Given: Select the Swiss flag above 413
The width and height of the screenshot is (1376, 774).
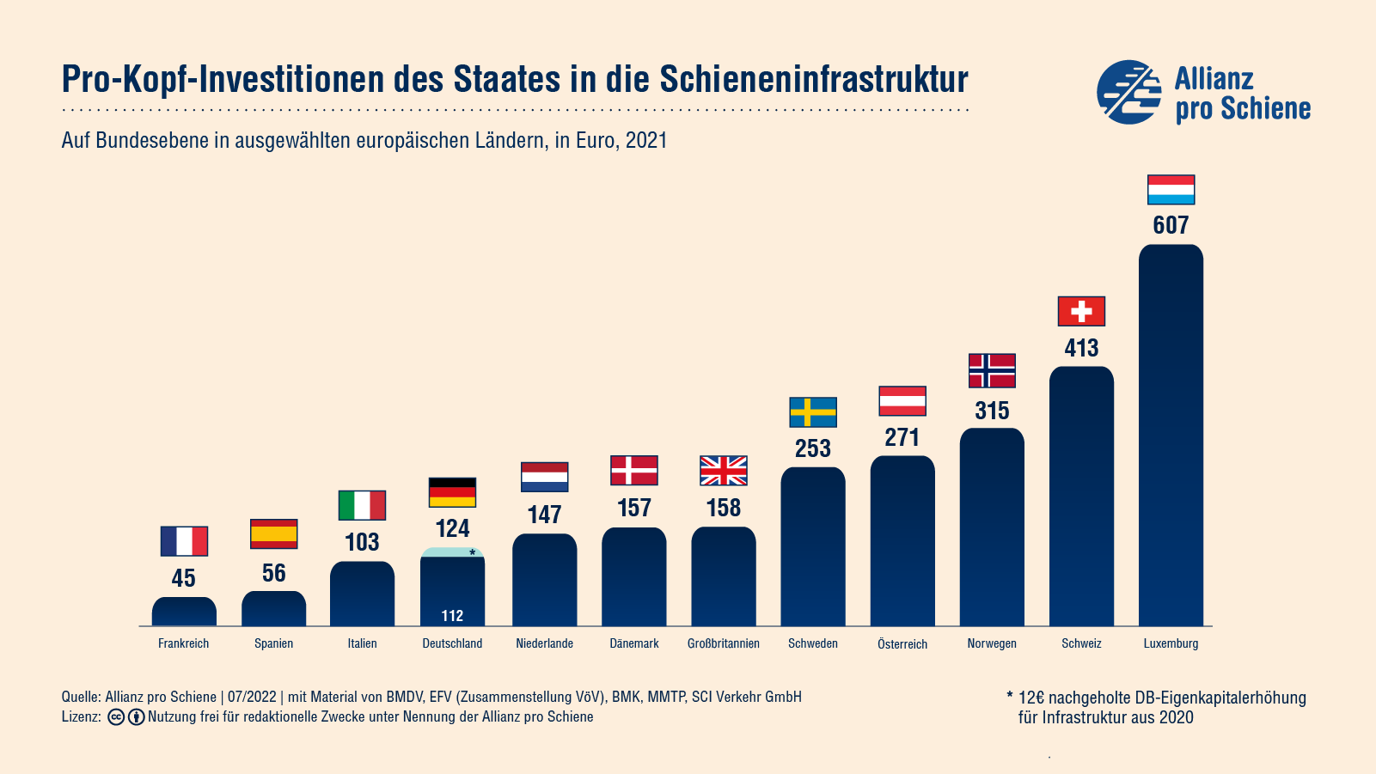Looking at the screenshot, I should pos(1081,311).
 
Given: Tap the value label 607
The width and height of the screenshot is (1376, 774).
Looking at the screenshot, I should pos(1171,225).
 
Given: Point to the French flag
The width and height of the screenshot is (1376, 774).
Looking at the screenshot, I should pos(184,541).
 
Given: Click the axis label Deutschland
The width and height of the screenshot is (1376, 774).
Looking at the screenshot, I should pos(452,643).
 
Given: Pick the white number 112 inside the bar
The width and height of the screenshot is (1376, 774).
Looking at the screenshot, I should pos(452,616).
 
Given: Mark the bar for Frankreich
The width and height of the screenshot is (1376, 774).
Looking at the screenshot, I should pos(184,612).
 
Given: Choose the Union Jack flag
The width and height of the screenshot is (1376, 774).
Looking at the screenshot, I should pos(724,471).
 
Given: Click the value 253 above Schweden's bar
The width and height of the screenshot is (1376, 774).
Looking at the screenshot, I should pos(813,448).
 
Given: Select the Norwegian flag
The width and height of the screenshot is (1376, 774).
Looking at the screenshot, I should pos(992,370).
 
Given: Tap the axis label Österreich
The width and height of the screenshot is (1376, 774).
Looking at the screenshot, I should pos(902,644).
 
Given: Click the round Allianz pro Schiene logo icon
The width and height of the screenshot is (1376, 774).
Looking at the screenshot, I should pos(1128,92).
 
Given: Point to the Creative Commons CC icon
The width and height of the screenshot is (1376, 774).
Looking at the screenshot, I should pos(116,717).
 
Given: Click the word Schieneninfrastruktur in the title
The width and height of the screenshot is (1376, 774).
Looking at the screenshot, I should pos(814,79).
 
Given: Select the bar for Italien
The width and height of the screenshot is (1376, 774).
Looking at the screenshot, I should pos(363,594).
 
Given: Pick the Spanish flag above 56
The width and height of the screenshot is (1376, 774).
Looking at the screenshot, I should pos(273,533).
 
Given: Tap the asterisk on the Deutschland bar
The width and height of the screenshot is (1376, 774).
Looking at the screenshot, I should pos(472,552).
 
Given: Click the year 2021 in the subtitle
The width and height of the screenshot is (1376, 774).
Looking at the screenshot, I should pos(646,141).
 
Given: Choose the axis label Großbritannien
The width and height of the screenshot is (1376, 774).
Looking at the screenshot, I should pos(724,643).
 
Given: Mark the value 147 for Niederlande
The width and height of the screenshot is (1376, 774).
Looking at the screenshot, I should pos(545,515).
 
